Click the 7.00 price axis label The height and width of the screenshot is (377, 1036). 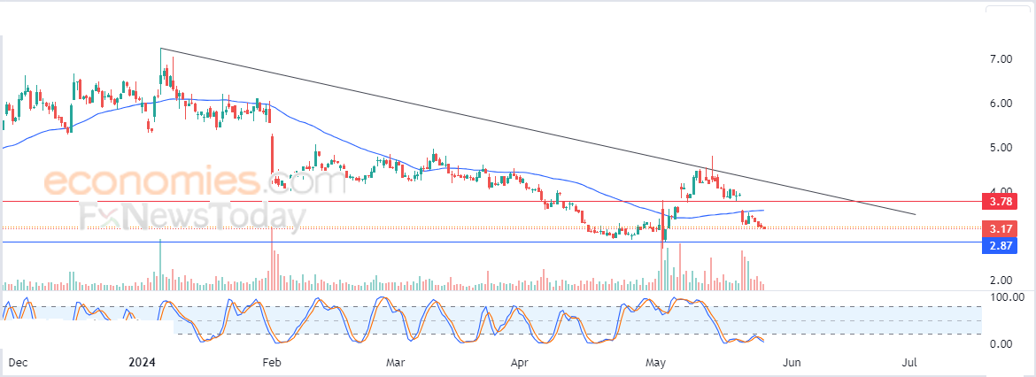(x=1001, y=58)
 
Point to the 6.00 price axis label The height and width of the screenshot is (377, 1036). (x=1001, y=103)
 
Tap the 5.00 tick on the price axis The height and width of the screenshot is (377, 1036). (x=1001, y=147)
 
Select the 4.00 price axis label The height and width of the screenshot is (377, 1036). (x=1001, y=191)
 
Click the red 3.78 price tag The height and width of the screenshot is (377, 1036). (x=1001, y=202)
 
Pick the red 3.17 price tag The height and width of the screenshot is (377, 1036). (x=1001, y=229)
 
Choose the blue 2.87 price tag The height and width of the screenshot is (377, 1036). (x=1001, y=245)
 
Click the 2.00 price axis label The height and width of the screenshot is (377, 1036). (x=1001, y=280)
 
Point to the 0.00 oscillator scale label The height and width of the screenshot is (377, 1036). (x=1001, y=343)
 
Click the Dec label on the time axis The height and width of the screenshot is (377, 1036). (x=18, y=363)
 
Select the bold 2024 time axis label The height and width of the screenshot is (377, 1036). (x=142, y=363)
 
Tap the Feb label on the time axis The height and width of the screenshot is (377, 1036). (x=272, y=363)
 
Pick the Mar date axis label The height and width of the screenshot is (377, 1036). (x=396, y=363)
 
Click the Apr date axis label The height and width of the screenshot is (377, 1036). (x=521, y=363)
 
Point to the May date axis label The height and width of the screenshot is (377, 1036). (x=656, y=363)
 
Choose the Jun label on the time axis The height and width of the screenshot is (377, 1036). (x=792, y=363)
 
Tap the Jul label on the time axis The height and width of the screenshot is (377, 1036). (x=909, y=363)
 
